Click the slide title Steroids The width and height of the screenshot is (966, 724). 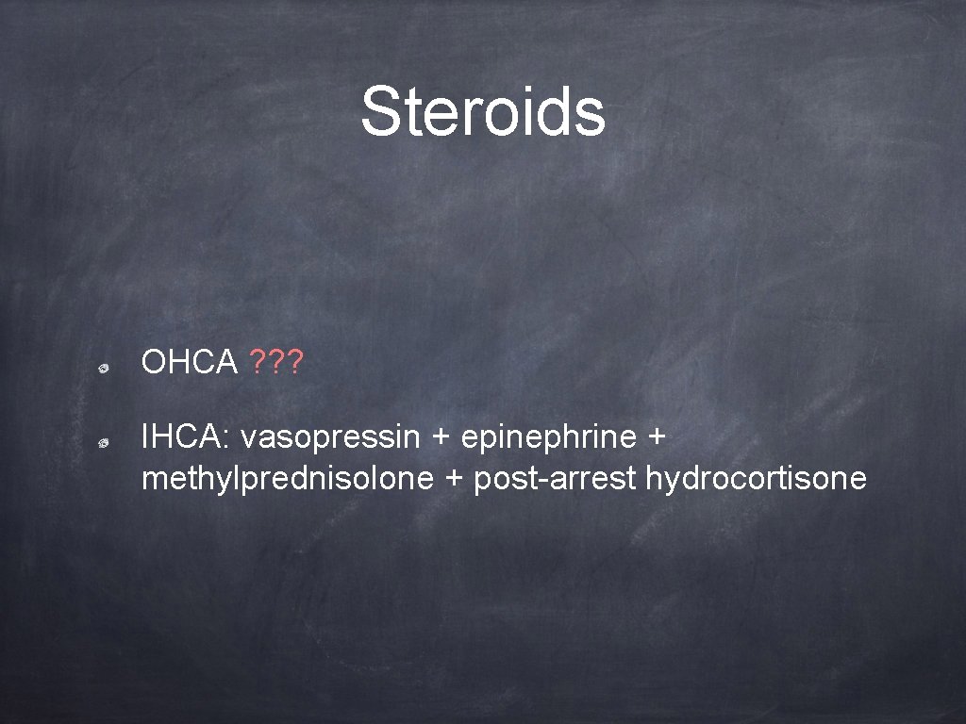482,111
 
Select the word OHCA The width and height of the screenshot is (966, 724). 189,361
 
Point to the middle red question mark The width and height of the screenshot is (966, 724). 276,361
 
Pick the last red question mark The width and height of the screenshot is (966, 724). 293,361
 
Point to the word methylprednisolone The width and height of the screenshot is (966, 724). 287,479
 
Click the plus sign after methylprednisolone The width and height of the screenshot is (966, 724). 454,480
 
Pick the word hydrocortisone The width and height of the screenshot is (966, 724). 756,479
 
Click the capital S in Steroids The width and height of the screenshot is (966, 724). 381,111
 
